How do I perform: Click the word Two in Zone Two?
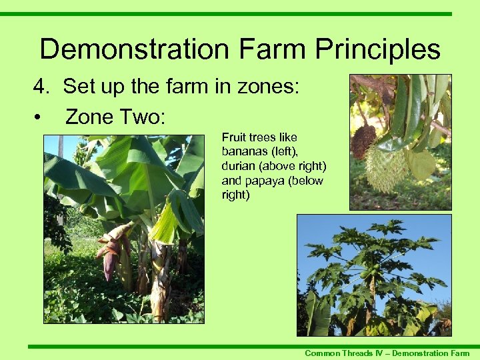(142, 117)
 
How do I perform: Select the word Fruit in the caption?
(234, 137)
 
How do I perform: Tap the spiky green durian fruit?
(386, 167)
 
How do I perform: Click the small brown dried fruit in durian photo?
(364, 141)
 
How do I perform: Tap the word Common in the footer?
(321, 353)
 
